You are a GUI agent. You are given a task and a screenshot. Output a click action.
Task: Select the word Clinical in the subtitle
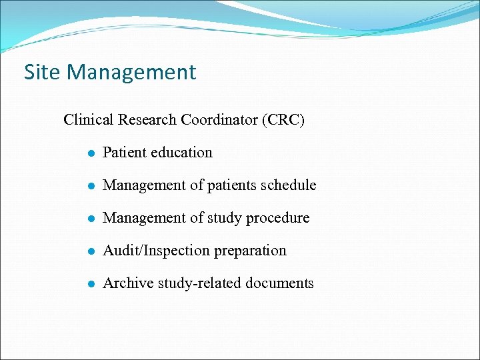pyautogui.click(x=89, y=120)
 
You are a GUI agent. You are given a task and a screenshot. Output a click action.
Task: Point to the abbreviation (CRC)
pyautogui.click(x=283, y=120)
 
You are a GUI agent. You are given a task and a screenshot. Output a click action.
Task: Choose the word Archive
pyautogui.click(x=126, y=283)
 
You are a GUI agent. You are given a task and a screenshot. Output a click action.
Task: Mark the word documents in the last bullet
pyautogui.click(x=279, y=283)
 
